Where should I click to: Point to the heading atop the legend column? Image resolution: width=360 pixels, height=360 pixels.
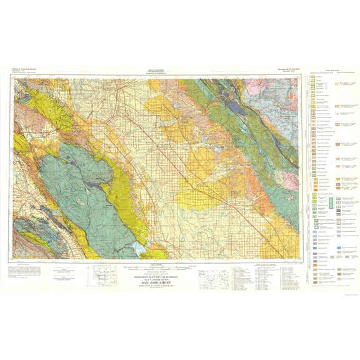click(331, 72)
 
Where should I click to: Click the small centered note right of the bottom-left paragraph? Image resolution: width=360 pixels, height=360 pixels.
click(63, 272)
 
